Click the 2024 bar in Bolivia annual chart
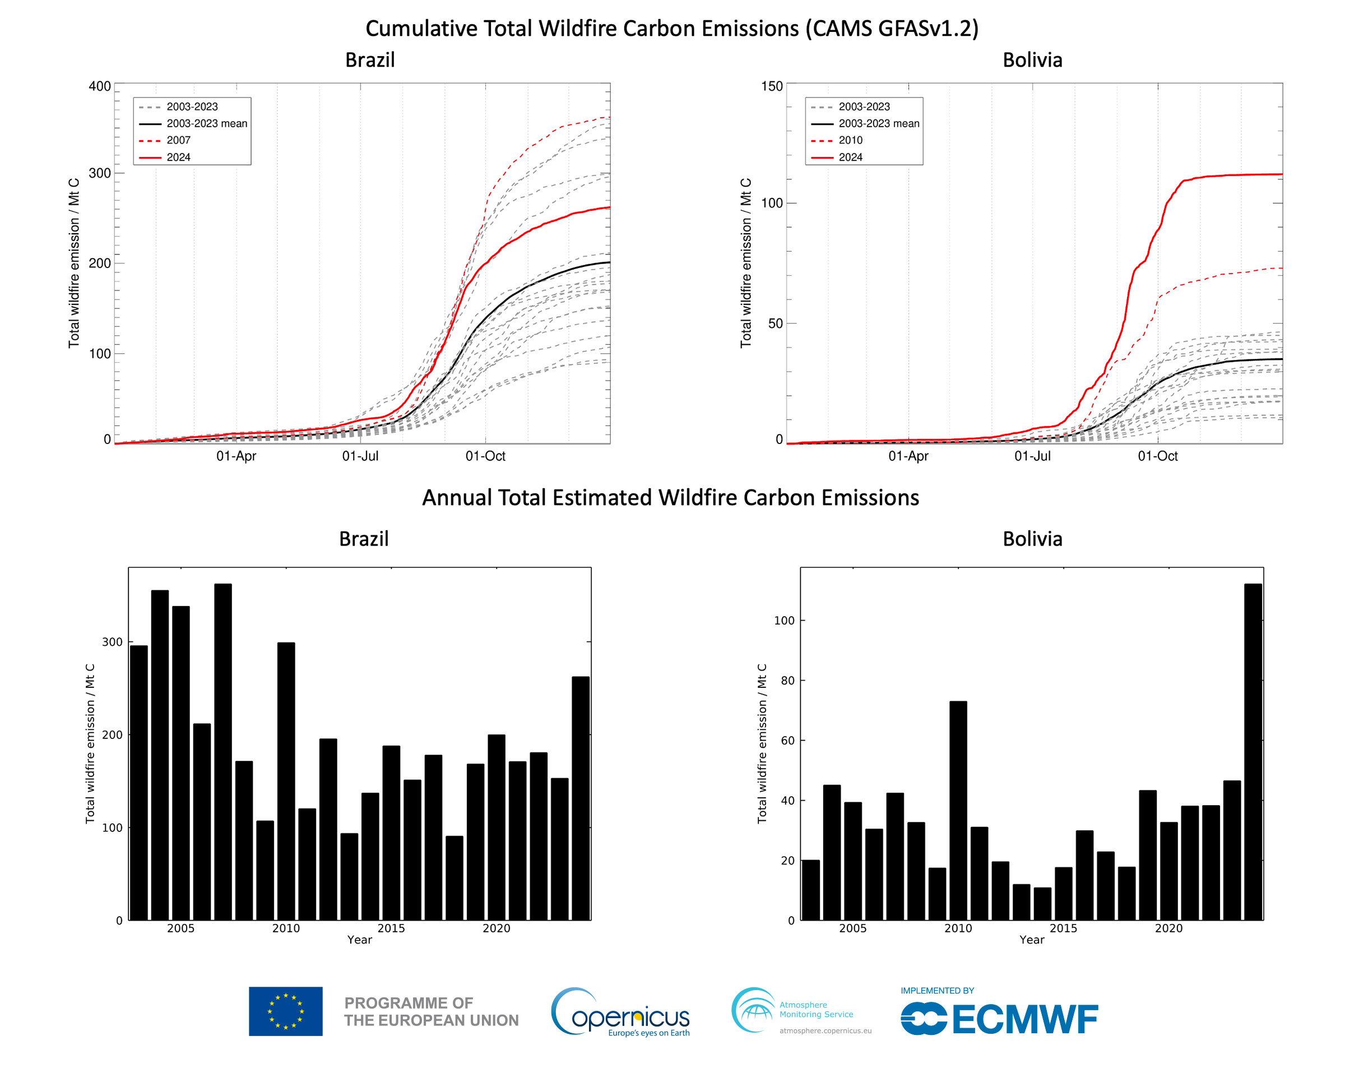coord(1252,752)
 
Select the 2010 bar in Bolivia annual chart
coord(958,811)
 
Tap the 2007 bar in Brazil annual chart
coord(222,752)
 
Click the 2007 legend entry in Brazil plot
coord(178,140)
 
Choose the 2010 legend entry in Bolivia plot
coord(850,140)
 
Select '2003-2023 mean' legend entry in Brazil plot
coord(206,123)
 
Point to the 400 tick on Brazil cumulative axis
coord(99,86)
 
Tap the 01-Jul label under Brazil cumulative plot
coord(360,456)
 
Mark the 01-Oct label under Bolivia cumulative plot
coord(1157,456)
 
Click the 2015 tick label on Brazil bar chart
coord(391,928)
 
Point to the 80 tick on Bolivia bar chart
coord(787,680)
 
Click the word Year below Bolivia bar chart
coord(1031,940)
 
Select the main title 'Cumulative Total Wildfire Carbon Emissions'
coord(672,29)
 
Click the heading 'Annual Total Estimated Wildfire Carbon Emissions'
coord(671,497)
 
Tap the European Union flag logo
coord(286,1011)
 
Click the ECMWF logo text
coord(1024,1020)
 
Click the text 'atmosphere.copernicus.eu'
coord(825,1031)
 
